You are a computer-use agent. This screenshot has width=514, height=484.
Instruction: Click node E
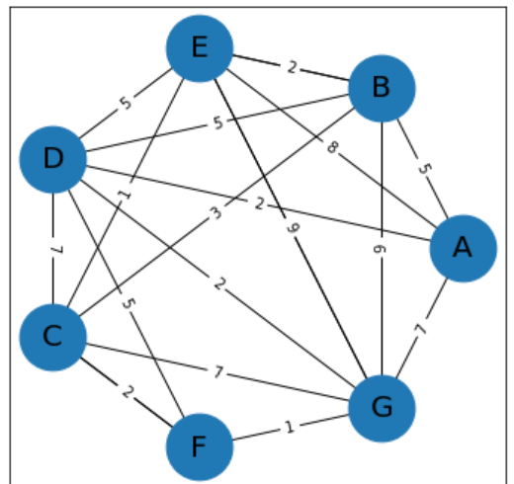pos(199,48)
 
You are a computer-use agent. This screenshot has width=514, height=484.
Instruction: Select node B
pos(381,89)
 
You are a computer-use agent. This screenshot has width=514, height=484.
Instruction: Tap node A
pos(462,249)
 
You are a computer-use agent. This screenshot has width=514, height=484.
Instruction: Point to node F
pos(199,447)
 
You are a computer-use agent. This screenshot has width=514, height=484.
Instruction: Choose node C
pos(52,337)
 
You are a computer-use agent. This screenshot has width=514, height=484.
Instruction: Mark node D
pos(52,158)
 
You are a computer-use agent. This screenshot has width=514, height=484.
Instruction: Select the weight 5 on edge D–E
pos(126,103)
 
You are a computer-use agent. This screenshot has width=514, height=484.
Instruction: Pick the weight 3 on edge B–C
pos(216,213)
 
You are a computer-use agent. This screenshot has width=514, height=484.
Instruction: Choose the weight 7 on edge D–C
pos(52,248)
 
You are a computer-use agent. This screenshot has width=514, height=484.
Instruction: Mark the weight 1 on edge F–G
pos(290,428)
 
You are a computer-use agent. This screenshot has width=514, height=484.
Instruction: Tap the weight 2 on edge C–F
pos(126,392)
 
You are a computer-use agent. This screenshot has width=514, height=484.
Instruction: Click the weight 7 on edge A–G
pos(421,329)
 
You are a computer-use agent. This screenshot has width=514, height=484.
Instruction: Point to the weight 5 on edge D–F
pos(126,303)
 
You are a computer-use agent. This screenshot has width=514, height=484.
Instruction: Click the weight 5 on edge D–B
pos(216,123)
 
